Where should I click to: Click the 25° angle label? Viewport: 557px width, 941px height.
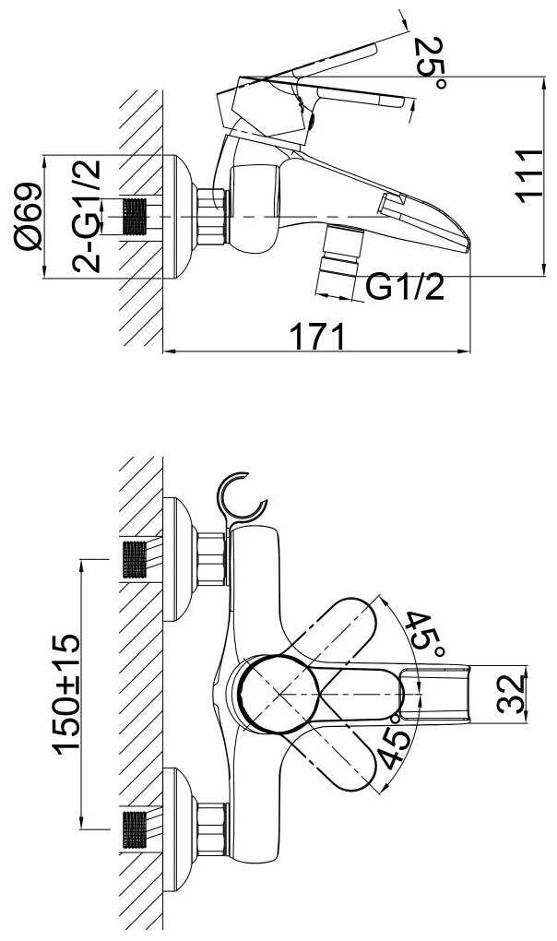(x=431, y=63)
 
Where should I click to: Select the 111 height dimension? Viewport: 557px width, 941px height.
(x=529, y=176)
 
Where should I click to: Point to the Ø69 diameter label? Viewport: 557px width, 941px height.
(x=29, y=216)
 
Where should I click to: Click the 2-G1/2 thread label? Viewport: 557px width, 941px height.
(x=87, y=216)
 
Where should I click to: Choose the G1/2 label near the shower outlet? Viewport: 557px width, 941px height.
(x=406, y=288)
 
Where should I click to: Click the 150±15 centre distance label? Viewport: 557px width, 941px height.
(x=66, y=694)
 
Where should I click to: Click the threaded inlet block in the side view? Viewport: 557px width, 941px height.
(x=135, y=217)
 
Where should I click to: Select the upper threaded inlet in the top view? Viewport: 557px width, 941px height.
(x=135, y=559)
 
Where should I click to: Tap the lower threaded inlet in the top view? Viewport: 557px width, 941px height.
(x=135, y=829)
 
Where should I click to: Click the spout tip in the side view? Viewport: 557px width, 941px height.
(x=468, y=247)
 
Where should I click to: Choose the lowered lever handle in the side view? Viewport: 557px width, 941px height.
(x=360, y=96)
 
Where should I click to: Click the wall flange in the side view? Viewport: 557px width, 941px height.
(x=180, y=217)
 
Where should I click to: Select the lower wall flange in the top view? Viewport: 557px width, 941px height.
(x=180, y=829)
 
